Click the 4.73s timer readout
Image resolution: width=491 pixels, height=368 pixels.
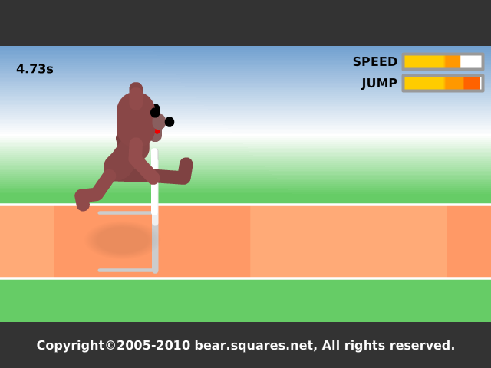click(x=35, y=69)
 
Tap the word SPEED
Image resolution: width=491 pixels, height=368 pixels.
click(x=375, y=61)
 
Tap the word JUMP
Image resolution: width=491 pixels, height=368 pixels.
click(x=379, y=84)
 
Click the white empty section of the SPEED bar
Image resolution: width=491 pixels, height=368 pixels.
click(x=470, y=61)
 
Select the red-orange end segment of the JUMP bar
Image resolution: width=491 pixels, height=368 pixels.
click(x=472, y=84)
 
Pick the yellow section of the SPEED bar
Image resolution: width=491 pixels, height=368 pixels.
click(x=424, y=61)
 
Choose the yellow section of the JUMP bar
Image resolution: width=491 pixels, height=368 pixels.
click(x=424, y=84)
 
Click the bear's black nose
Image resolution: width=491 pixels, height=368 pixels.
click(x=170, y=122)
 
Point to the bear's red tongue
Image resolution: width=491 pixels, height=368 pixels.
click(x=157, y=131)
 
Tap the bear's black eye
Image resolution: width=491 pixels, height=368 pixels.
click(x=155, y=111)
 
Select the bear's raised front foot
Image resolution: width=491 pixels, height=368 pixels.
click(x=186, y=169)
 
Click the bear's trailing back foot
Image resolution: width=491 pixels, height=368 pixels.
click(x=82, y=199)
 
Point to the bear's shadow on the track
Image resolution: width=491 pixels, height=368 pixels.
click(x=121, y=240)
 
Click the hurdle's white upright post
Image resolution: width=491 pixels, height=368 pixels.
click(x=155, y=187)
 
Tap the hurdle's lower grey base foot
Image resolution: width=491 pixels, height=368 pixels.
click(x=126, y=270)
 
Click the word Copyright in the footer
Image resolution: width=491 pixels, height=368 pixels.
click(x=70, y=346)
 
